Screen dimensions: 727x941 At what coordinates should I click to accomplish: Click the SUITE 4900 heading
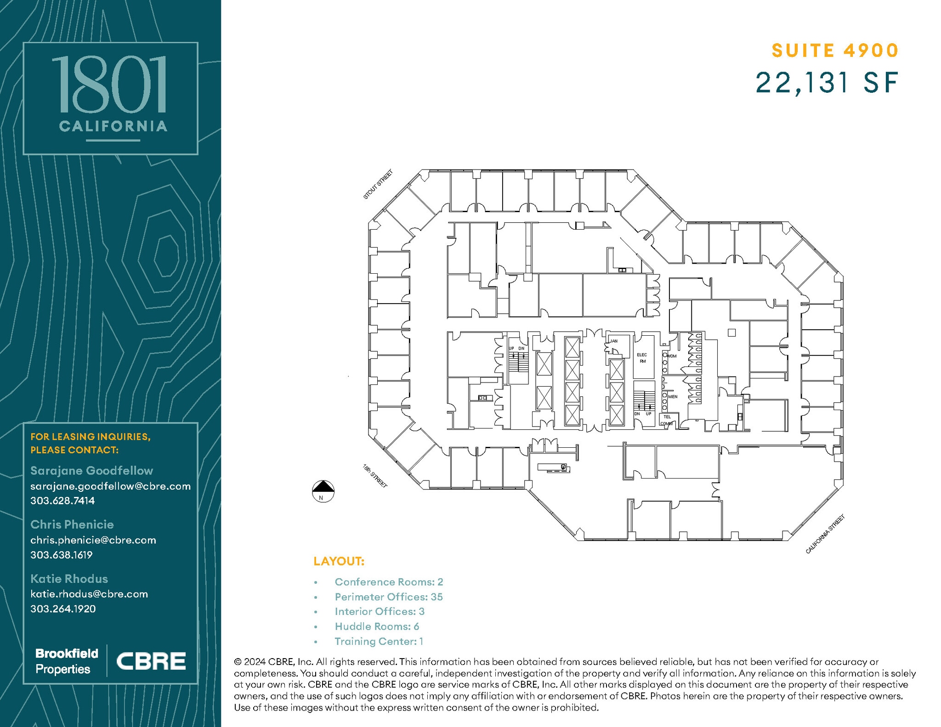click(834, 51)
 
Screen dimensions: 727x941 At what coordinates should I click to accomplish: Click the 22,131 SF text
click(827, 83)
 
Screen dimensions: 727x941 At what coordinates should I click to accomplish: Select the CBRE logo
click(151, 661)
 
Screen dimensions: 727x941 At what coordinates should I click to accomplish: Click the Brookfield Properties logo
click(67, 661)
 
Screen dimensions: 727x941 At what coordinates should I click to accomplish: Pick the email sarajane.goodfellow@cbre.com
click(110, 486)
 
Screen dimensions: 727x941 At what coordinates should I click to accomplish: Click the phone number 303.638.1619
click(62, 555)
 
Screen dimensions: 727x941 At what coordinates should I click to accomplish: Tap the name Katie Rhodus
click(69, 579)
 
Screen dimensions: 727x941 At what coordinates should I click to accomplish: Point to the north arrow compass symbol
click(323, 491)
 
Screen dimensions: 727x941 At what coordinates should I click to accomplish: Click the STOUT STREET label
click(378, 185)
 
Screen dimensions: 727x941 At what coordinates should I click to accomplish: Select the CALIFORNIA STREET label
click(825, 535)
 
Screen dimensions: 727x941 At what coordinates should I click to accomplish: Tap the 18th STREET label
click(375, 476)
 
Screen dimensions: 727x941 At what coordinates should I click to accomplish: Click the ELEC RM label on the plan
click(642, 358)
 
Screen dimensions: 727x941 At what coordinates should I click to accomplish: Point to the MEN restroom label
click(673, 396)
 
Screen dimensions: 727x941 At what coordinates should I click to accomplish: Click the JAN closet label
click(614, 341)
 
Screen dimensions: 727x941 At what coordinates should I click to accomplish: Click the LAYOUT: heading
click(339, 561)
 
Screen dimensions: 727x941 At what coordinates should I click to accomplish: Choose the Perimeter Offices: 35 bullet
click(388, 597)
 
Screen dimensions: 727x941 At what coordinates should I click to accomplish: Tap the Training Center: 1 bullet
click(379, 642)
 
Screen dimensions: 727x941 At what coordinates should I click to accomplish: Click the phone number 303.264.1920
click(63, 609)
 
